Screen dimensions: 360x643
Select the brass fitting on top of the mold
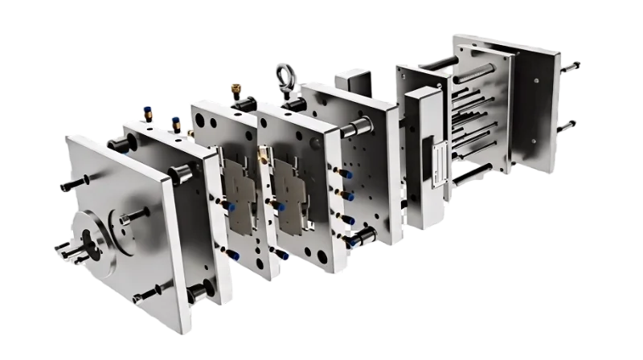235,85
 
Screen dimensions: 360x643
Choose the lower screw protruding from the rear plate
571,125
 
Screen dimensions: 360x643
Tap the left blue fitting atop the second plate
146,108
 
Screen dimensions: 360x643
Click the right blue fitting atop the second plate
174,121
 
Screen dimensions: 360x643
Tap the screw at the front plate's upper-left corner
66,186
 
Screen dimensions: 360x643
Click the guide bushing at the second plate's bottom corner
195,292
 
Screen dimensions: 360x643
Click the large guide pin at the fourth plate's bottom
362,235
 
